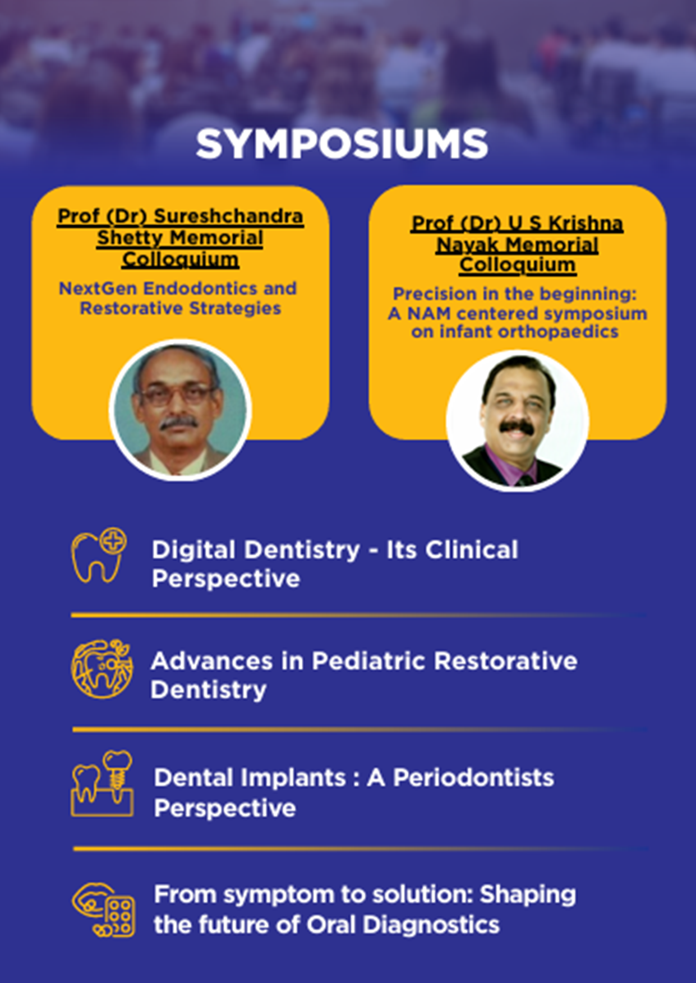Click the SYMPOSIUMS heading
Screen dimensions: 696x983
(x=342, y=144)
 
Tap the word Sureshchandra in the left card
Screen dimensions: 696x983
(x=228, y=216)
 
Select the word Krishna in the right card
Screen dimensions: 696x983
(x=586, y=223)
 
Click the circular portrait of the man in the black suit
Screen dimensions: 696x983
(x=518, y=421)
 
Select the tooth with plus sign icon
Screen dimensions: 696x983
(x=99, y=555)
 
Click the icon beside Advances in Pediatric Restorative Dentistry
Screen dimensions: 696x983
(x=102, y=669)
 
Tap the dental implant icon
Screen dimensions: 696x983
(x=102, y=783)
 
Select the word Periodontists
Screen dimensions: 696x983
(x=473, y=778)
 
